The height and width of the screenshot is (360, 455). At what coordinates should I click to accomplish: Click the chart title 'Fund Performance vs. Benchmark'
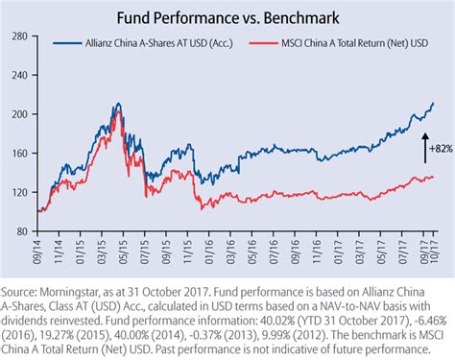tap(227, 17)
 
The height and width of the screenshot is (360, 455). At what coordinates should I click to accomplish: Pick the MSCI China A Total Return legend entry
tap(346, 43)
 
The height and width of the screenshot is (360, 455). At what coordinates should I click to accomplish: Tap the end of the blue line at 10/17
tap(433, 103)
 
